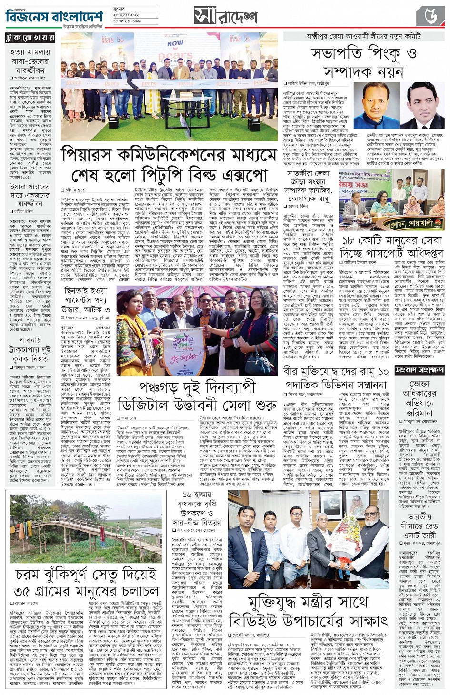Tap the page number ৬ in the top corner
(430, 16)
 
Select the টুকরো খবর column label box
(30, 38)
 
